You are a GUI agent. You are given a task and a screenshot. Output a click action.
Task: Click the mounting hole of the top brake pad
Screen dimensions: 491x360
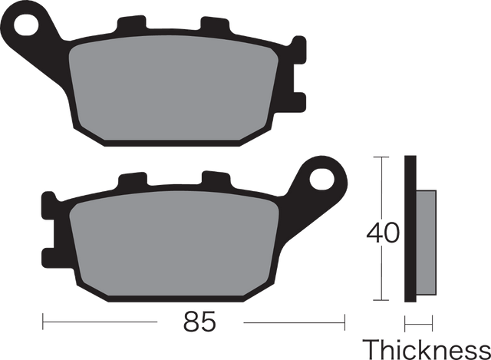[x=26, y=25]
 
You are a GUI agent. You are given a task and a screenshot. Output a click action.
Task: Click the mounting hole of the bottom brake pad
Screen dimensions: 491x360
[x=321, y=180]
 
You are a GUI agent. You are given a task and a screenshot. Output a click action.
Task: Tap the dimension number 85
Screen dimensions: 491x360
[x=199, y=322]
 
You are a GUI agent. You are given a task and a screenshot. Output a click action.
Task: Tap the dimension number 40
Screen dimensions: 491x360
[x=383, y=233]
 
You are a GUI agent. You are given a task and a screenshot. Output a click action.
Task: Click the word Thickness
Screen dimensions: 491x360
[x=427, y=349]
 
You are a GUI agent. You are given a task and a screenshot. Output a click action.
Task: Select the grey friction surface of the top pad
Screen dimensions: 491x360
[x=173, y=88]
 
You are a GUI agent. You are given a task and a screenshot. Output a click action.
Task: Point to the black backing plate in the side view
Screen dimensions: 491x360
[x=410, y=229]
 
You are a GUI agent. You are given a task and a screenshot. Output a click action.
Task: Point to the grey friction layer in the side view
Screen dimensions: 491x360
[x=426, y=243]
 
